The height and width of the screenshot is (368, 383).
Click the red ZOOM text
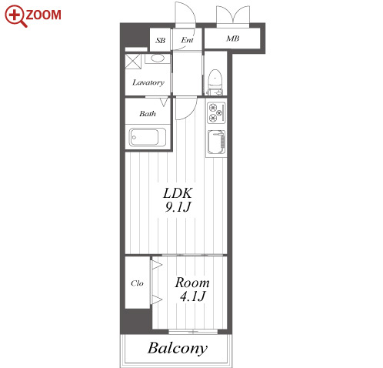point(44,15)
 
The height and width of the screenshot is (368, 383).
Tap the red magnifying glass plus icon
point(15,16)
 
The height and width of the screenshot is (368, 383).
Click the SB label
point(161,41)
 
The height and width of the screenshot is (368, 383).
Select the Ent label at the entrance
point(187,40)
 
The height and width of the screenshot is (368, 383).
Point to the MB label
point(233,38)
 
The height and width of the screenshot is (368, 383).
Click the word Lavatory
point(148,82)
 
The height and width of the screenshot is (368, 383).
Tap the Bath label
point(148,113)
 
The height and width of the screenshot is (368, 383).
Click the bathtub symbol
point(148,137)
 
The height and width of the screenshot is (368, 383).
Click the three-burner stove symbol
point(216,113)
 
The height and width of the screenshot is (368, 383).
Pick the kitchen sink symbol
point(216,142)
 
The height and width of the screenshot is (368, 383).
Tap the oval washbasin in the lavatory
point(158,59)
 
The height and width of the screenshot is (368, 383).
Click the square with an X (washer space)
point(133,61)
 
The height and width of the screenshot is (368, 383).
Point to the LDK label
point(178,193)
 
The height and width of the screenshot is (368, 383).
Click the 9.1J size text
point(178,207)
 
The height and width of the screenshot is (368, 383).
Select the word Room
point(192,283)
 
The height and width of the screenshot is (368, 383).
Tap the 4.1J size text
point(192,296)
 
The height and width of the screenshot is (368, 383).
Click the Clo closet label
point(137,283)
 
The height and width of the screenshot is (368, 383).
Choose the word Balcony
point(178,349)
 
